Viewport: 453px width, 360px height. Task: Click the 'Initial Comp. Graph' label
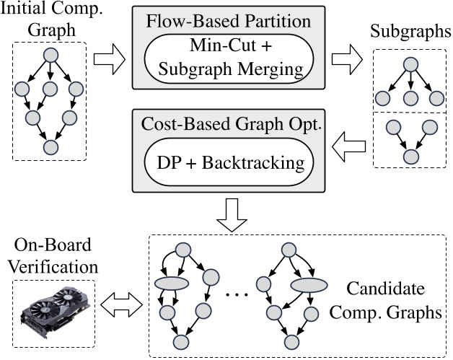49,21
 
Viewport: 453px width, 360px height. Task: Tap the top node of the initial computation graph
50,56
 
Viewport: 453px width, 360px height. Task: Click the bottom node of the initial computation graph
50,147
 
